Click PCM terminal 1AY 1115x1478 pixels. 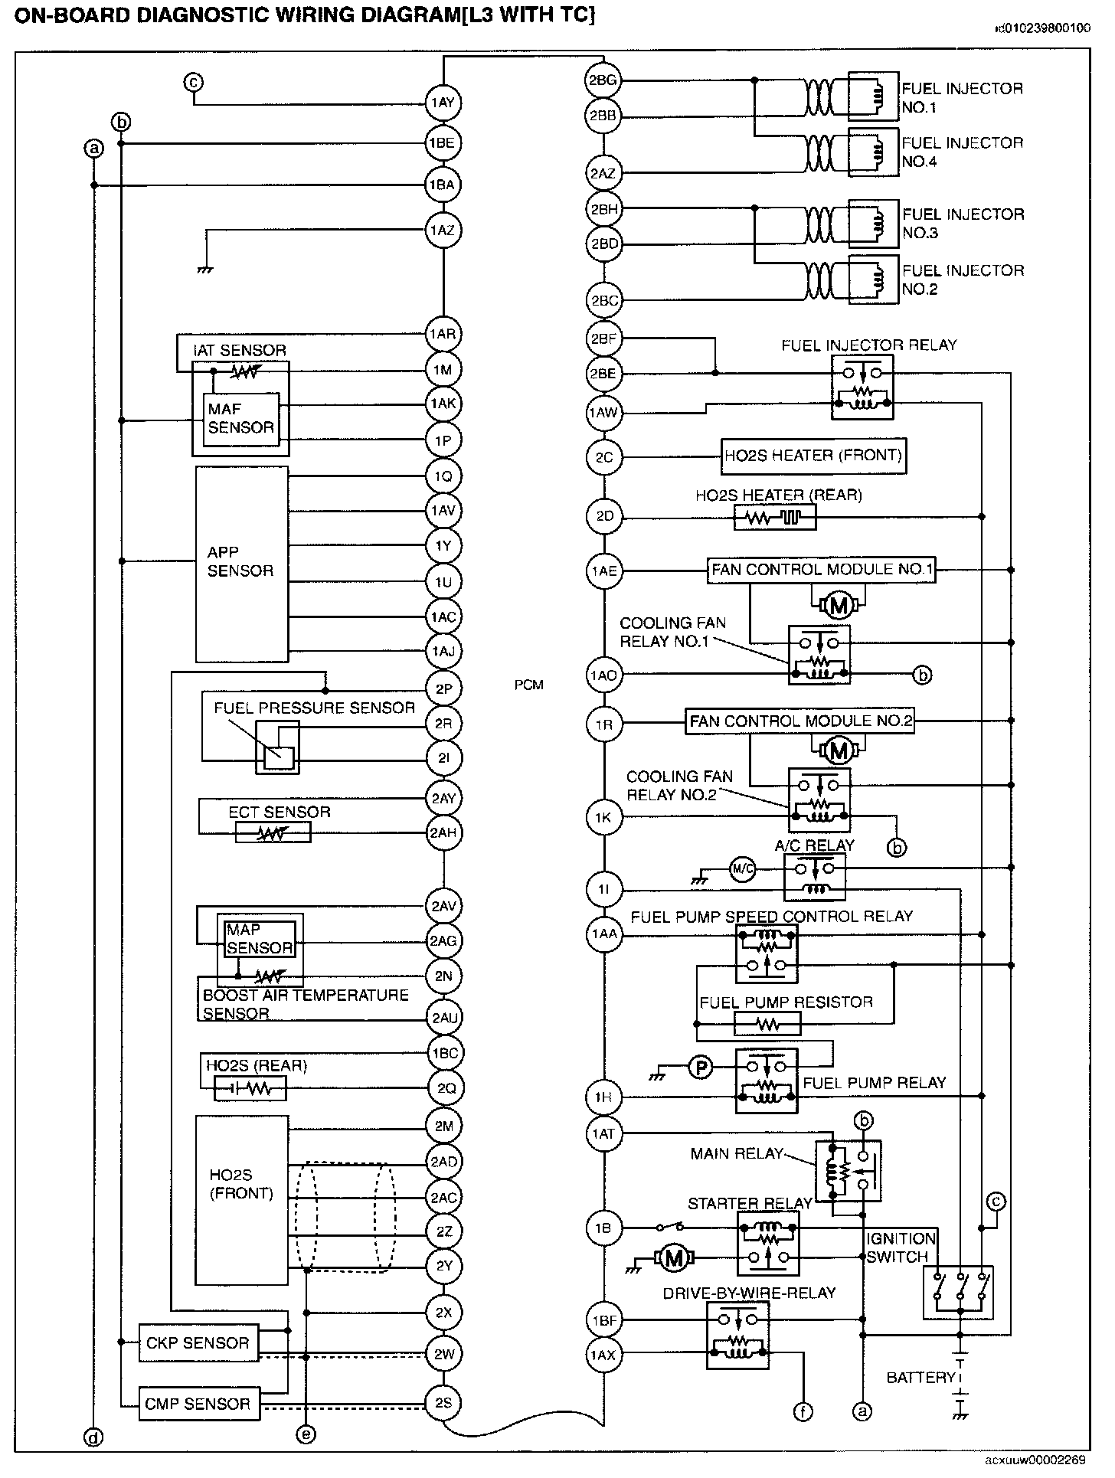[x=443, y=103]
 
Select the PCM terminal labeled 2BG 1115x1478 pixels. [x=603, y=80]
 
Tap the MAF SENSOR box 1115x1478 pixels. [x=241, y=418]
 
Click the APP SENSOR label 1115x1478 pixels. [x=240, y=561]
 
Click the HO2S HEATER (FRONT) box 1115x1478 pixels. [x=813, y=456]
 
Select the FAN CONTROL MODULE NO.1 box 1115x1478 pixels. [x=822, y=570]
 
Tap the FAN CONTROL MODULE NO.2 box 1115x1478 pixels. [x=800, y=721]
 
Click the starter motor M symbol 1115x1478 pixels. [x=674, y=1257]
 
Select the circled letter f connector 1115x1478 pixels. [x=803, y=1411]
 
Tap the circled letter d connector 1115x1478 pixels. [x=93, y=1437]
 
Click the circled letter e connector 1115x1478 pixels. [x=305, y=1434]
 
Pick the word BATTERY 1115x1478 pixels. [x=920, y=1378]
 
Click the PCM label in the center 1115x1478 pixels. [x=528, y=685]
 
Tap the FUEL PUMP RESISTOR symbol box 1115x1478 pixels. [x=767, y=1024]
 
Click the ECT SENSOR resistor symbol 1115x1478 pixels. [x=273, y=832]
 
